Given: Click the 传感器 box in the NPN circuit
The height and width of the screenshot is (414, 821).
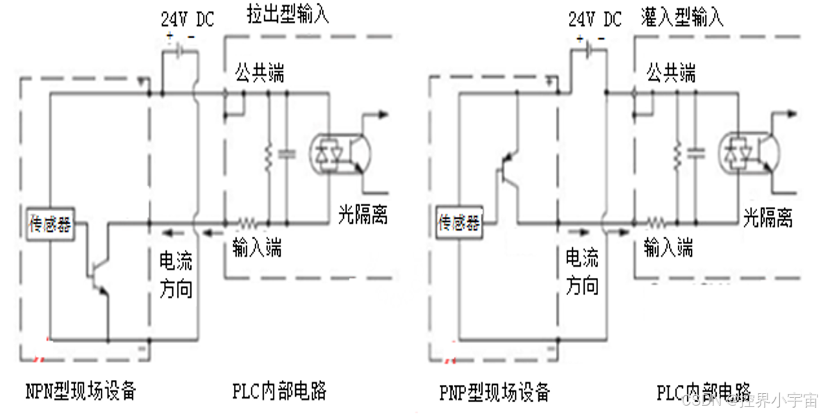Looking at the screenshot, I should coord(50,224).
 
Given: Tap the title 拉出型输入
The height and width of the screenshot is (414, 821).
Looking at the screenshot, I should coord(288,16).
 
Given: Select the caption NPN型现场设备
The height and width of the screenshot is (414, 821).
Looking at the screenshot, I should coord(81,391).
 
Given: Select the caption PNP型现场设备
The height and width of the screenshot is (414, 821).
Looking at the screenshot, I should coord(495,391).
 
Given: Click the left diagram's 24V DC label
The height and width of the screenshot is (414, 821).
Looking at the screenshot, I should coord(188,19).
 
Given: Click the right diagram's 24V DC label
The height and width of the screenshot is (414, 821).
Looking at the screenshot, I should coord(595,19).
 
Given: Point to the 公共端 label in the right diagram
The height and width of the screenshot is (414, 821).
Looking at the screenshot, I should coord(670,72).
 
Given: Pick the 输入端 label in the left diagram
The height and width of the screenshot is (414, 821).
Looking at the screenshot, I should coord(258,247).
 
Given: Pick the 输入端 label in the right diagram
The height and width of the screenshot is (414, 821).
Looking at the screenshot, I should coord(668,247).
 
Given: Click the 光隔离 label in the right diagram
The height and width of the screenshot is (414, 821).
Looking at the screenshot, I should coord(768,217).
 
